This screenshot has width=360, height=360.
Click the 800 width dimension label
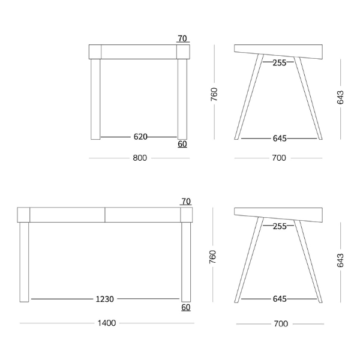point(140,158)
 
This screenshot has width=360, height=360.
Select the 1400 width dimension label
point(107,323)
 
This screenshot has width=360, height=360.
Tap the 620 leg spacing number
point(140,137)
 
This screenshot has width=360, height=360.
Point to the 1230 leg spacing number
point(104,299)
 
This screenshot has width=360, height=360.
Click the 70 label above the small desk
point(182,38)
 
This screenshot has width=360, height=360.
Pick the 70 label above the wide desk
point(186,202)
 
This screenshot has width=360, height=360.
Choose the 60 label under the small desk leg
point(182,144)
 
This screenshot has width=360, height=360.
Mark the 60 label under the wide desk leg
point(186,307)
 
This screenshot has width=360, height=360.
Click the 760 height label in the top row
point(214,94)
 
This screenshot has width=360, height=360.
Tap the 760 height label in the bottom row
point(213,257)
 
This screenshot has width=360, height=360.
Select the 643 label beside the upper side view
point(340,97)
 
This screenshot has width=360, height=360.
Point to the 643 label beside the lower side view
point(340,260)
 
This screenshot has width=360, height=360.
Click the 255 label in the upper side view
point(280,62)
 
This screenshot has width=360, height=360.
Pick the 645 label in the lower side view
point(280,299)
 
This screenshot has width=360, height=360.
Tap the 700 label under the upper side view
point(279,158)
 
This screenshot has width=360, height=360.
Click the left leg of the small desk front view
point(95,99)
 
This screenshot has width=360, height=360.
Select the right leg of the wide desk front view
point(186,262)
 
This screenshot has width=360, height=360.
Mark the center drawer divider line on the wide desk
point(105,215)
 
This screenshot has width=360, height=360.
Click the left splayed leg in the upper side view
point(249,97)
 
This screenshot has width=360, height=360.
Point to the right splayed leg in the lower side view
point(308,262)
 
